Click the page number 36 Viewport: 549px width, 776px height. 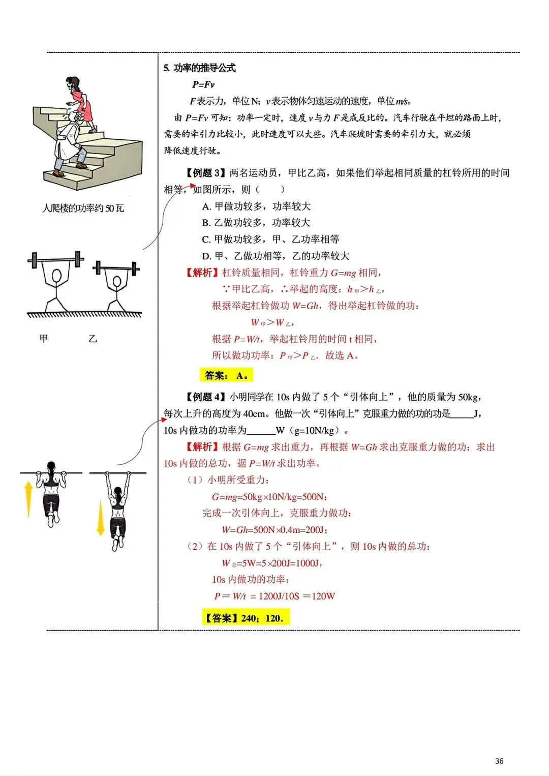[x=499, y=761]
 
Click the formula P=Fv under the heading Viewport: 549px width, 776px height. [x=203, y=84]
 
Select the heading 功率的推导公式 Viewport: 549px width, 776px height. [x=204, y=68]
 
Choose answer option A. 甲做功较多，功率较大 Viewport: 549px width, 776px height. [x=256, y=206]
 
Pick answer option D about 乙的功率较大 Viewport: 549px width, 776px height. [x=276, y=256]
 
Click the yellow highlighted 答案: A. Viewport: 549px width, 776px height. [x=226, y=376]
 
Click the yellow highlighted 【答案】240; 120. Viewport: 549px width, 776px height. [x=246, y=618]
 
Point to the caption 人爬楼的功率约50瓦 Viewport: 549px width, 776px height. [x=83, y=208]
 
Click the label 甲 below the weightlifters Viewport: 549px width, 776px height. [x=44, y=338]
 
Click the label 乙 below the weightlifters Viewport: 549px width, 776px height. [x=93, y=338]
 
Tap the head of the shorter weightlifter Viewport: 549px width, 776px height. [x=117, y=281]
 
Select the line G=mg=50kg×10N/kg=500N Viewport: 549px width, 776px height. [x=269, y=497]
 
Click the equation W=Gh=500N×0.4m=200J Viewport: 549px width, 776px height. [x=274, y=530]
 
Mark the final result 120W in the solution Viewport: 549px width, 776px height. [x=323, y=596]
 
